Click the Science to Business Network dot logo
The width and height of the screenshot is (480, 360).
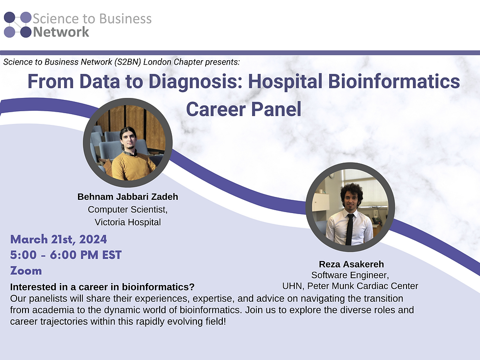point(18,25)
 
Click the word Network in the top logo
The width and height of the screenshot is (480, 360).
point(61,32)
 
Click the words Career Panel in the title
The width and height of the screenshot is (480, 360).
point(243,109)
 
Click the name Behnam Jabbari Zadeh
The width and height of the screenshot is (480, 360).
point(127,197)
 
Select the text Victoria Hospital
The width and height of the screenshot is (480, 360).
point(127,222)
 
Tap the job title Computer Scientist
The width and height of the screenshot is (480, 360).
point(127,210)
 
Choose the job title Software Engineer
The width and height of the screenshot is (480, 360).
point(350,275)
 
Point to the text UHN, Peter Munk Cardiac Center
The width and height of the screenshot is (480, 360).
point(350,286)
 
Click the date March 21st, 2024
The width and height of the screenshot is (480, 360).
point(58,240)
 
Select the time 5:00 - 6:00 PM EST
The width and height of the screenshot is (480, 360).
point(66,255)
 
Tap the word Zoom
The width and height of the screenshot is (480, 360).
point(26,271)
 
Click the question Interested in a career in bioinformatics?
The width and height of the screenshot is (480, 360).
point(102,287)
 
